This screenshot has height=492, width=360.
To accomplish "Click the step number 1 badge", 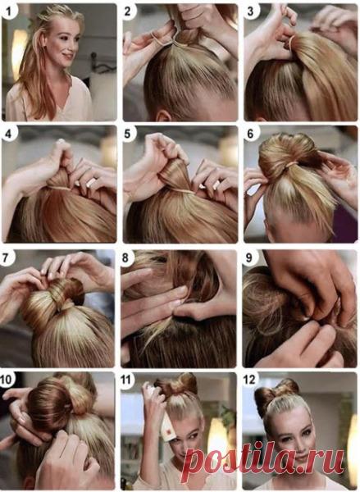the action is point(8,11).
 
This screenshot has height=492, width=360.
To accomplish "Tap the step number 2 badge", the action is point(128,11).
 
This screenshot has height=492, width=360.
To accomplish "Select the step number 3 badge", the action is point(250,11).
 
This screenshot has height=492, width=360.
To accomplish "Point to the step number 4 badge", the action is point(8,134).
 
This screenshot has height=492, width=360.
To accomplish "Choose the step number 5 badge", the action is point(128,134).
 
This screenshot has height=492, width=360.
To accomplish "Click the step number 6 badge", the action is point(250,134).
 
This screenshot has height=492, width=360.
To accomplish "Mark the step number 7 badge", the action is point(6,257).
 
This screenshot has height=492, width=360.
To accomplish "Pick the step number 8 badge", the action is point(126,258).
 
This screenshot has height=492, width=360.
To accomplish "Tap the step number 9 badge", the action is point(249,257).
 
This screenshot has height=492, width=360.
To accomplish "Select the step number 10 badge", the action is point(7,379).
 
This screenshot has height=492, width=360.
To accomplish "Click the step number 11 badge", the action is point(126,380).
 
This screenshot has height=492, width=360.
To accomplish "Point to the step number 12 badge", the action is point(250,380).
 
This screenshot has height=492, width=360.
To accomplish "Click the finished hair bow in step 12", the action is point(276,392).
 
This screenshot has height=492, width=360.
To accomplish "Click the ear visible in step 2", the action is point(164,116).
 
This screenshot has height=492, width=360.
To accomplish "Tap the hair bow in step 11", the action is point(176,385).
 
